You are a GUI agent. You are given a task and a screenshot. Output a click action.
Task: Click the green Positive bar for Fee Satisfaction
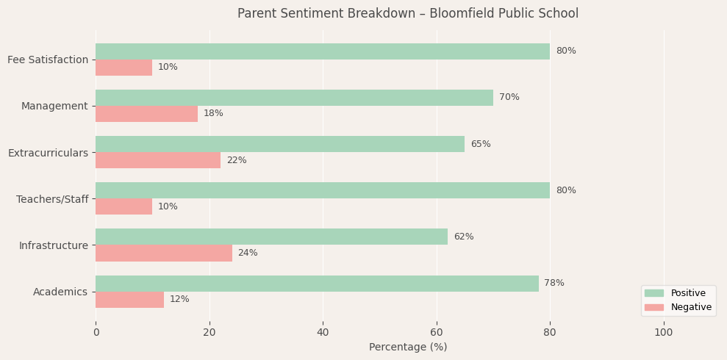(322, 51)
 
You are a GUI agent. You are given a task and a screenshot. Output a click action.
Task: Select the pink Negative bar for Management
(146, 114)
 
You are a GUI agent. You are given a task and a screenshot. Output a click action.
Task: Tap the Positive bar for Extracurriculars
(279, 144)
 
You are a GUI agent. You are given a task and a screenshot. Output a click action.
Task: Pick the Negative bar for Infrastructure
(163, 253)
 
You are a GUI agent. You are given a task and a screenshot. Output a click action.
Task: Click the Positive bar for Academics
(316, 284)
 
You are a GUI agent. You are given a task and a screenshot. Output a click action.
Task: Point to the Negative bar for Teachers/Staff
(123, 206)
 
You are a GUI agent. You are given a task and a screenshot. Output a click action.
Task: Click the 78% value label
(554, 284)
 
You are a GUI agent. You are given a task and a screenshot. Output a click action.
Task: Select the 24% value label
(248, 253)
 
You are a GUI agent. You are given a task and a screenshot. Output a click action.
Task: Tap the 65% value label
(481, 145)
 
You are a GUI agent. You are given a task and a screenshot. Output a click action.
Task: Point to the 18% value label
(213, 114)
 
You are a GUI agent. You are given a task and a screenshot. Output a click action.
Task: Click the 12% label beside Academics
(179, 300)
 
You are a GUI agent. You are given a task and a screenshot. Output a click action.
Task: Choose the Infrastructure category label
(53, 245)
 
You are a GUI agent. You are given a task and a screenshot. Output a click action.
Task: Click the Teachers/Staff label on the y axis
(51, 199)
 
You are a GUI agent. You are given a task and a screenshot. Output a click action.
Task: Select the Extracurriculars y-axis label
(48, 153)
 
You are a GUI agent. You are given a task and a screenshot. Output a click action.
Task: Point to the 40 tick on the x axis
(323, 333)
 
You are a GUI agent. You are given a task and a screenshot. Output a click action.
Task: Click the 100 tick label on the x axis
(663, 333)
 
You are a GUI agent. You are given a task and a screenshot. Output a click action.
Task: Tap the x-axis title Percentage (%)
(408, 348)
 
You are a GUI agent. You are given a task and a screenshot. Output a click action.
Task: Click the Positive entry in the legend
(684, 293)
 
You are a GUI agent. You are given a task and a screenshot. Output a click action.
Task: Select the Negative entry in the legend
(685, 308)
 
